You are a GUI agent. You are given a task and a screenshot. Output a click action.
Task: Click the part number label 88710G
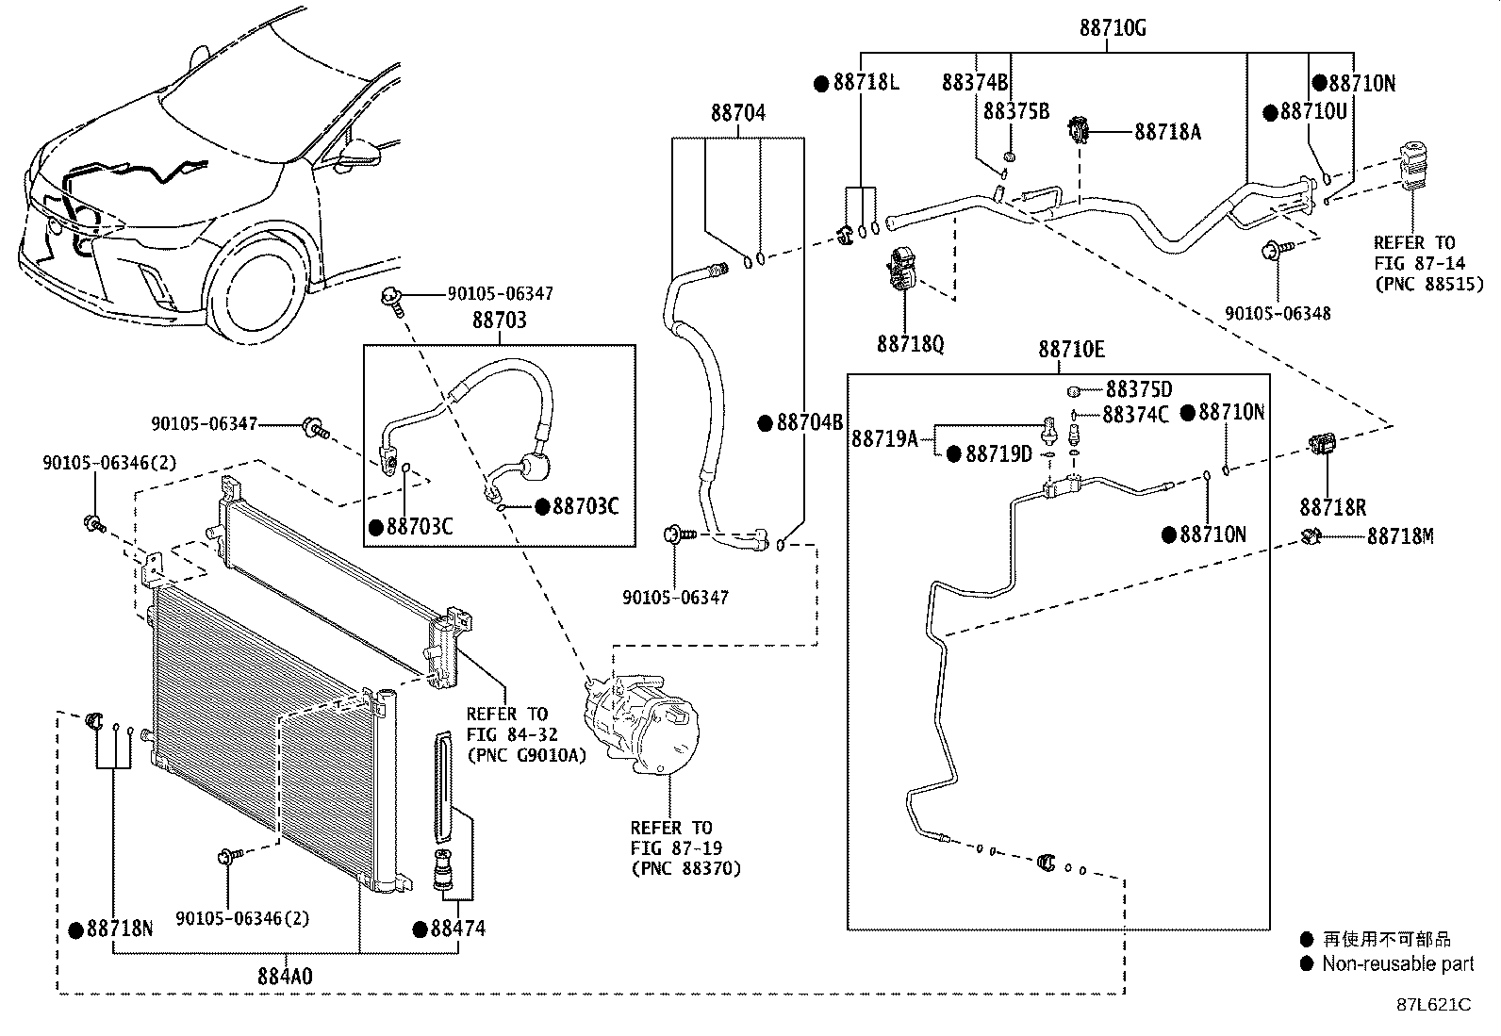(x=1113, y=28)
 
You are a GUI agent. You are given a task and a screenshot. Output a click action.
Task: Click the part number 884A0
(x=285, y=977)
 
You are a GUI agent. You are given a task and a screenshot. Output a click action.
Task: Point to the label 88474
(x=457, y=929)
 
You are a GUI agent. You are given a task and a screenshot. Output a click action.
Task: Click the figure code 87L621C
(x=1433, y=1004)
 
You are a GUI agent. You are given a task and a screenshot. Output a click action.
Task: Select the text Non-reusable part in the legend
(x=1397, y=963)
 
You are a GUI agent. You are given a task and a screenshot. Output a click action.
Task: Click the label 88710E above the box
(x=1071, y=350)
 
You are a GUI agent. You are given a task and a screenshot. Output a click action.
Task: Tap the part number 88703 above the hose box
(x=499, y=321)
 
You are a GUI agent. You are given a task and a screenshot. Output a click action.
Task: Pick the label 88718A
(x=1167, y=132)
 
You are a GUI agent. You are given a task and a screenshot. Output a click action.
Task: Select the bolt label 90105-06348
(x=1278, y=313)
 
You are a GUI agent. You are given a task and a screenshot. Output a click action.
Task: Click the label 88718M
(x=1400, y=536)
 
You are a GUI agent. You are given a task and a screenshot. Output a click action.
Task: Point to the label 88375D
(x=1138, y=389)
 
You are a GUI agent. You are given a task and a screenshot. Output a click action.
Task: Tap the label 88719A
(x=883, y=437)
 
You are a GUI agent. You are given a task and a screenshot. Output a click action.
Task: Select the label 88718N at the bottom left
(x=119, y=929)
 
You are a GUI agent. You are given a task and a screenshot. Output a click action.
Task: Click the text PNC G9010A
(x=525, y=755)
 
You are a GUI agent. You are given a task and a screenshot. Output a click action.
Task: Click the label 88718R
(x=1332, y=508)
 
